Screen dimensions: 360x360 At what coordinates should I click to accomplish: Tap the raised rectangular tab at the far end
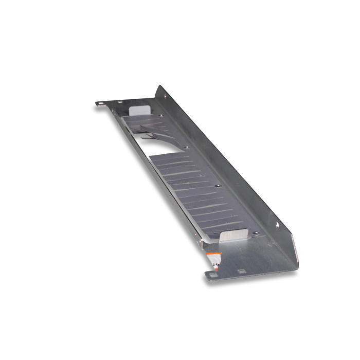point(139,110)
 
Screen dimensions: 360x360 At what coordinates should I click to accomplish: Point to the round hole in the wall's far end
point(165,96)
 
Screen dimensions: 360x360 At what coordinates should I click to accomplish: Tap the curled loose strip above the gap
point(154,131)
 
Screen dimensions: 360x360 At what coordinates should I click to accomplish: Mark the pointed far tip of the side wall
point(159,86)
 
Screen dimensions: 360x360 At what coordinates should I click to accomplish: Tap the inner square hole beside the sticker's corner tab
point(240,270)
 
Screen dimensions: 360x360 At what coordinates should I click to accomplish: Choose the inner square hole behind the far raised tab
point(120,102)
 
